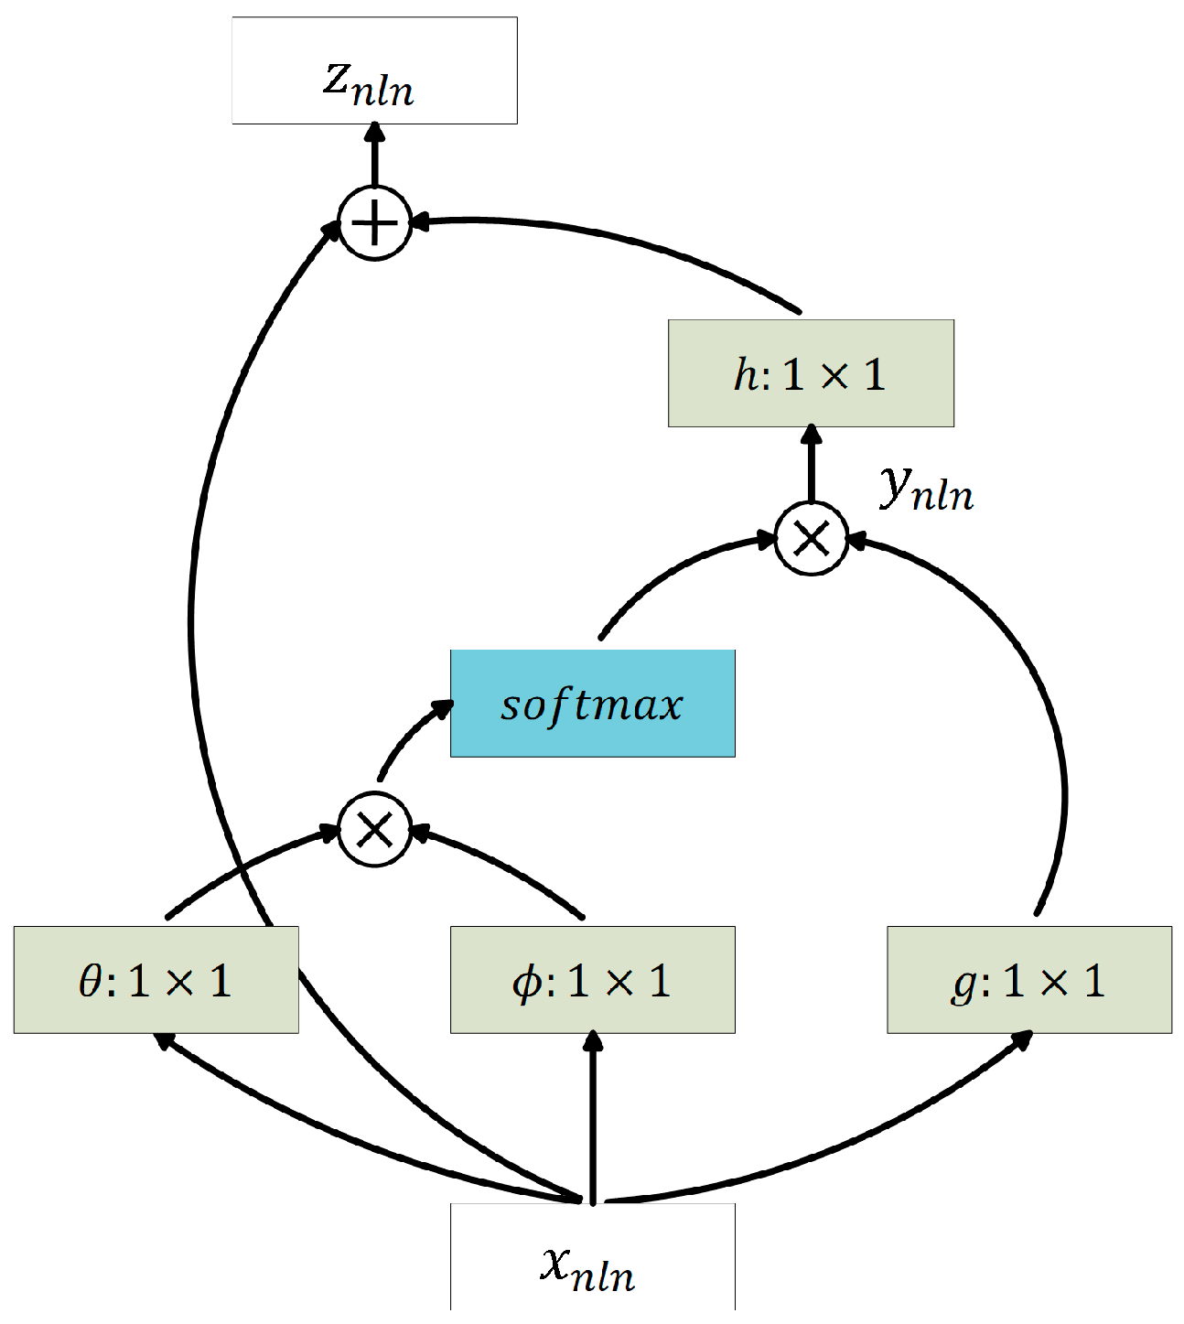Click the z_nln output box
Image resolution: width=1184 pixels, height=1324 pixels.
click(374, 70)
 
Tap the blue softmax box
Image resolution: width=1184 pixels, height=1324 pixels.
click(592, 704)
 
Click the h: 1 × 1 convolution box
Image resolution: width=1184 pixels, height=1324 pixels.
click(811, 373)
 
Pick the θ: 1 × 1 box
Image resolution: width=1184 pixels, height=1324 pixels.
click(156, 980)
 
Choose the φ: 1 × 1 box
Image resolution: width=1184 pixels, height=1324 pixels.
click(592, 980)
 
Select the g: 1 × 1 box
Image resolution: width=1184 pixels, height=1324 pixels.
click(1028, 980)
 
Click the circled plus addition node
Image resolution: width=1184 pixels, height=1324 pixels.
click(374, 223)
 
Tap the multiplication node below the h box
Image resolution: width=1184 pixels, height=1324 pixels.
click(811, 538)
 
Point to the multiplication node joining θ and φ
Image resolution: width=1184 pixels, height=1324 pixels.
click(374, 830)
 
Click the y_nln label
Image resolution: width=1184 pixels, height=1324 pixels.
click(926, 487)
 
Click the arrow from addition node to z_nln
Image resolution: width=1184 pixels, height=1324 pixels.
click(374, 156)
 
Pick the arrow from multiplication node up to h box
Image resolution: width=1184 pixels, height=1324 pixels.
click(811, 465)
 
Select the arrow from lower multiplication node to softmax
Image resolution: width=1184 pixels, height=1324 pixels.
click(407, 737)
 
